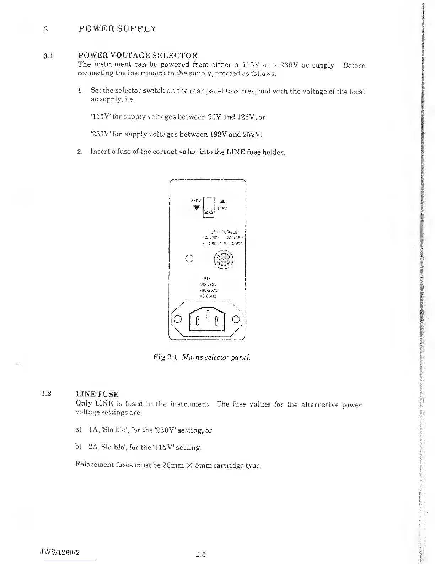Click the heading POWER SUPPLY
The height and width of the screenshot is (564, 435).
[x=117, y=29]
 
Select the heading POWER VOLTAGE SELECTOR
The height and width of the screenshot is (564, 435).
[x=138, y=56]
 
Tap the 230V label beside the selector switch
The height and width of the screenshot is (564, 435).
[x=196, y=200]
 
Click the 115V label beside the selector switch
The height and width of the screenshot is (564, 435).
[x=222, y=209]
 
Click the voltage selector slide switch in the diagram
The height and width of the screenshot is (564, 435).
[x=209, y=212]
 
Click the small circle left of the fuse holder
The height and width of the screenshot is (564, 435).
[x=189, y=258]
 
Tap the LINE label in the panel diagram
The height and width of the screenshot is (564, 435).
[x=206, y=278]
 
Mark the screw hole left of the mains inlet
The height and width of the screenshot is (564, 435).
[x=179, y=319]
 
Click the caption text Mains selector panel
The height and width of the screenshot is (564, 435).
[x=216, y=357]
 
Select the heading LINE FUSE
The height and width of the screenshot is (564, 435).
[x=97, y=394]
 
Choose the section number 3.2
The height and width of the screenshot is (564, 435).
[x=46, y=393]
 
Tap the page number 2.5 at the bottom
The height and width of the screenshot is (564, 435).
[x=201, y=554]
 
